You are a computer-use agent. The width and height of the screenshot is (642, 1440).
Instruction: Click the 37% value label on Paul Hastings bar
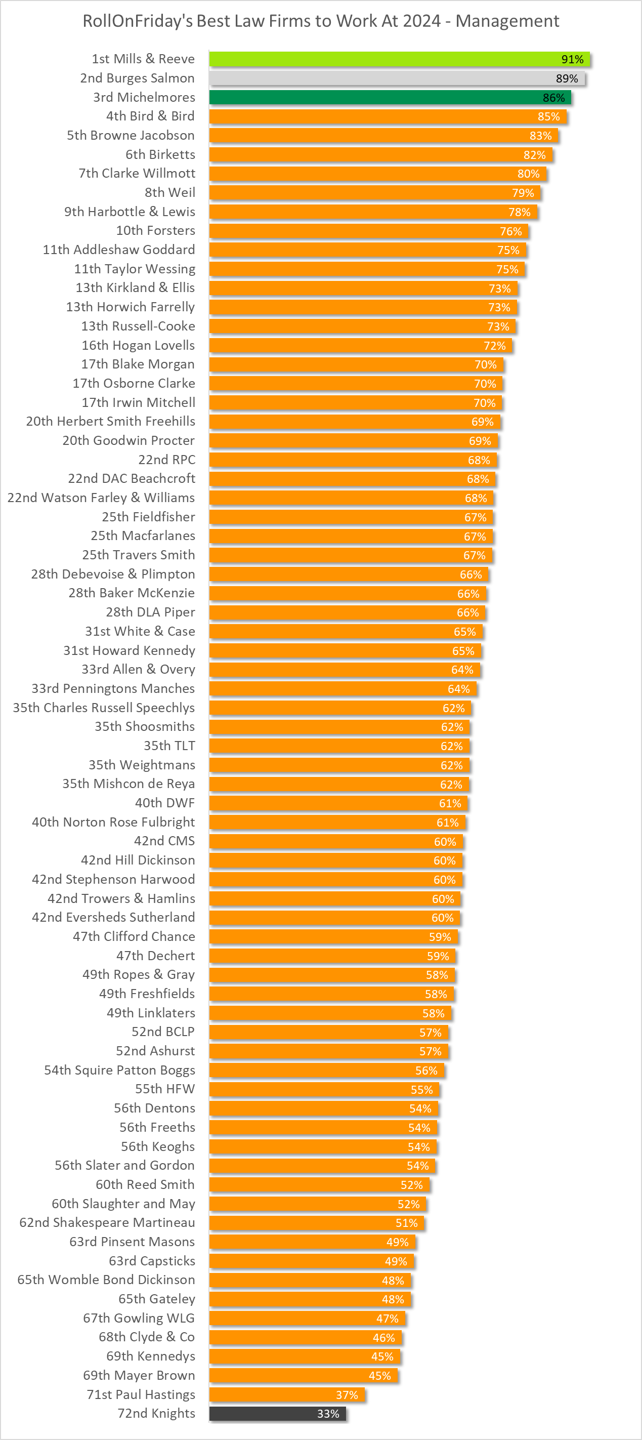(x=347, y=1395)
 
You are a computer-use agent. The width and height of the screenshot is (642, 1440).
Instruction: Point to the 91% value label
(x=572, y=59)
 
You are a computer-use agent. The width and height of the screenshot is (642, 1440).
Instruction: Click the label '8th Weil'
(x=170, y=192)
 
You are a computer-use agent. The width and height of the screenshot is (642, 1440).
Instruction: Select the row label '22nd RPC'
(x=166, y=460)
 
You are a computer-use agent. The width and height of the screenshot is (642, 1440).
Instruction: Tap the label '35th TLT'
(x=169, y=746)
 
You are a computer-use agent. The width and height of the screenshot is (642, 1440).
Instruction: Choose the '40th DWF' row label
(x=165, y=803)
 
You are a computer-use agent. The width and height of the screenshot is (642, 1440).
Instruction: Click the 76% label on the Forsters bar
(x=510, y=231)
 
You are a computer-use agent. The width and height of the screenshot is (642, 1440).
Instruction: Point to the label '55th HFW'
(x=165, y=1089)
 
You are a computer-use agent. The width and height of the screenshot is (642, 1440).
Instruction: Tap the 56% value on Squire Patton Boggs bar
(x=426, y=1070)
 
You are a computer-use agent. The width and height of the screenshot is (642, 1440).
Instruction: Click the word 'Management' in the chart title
(x=507, y=21)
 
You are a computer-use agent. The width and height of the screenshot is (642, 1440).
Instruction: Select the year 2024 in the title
(x=422, y=21)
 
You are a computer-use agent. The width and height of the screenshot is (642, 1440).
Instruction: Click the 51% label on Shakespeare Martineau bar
(x=406, y=1222)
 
